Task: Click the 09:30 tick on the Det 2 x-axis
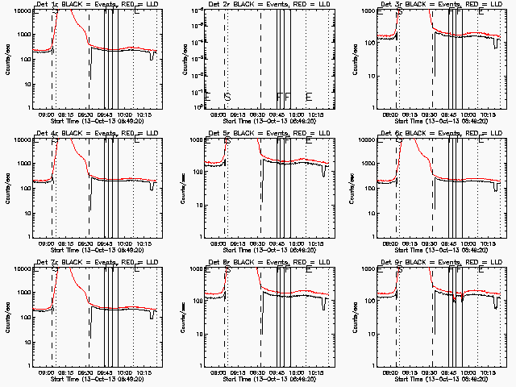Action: tap(258, 114)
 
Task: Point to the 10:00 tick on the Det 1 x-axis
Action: tap(123, 114)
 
